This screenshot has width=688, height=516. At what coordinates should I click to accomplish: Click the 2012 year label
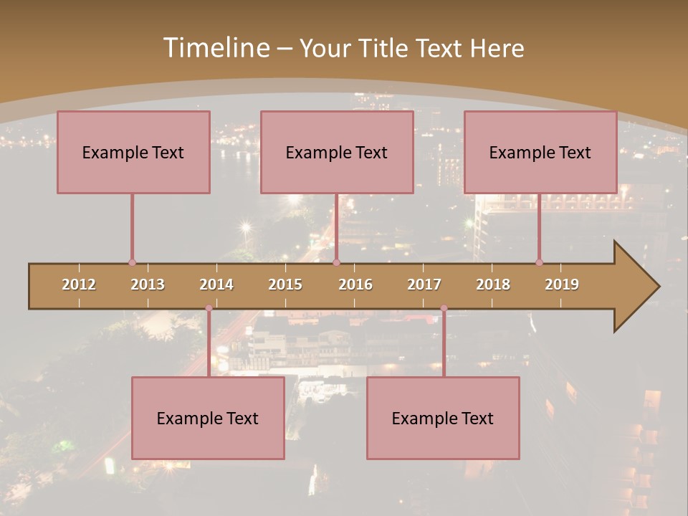79,285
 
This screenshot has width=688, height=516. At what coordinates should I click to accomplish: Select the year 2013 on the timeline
148,285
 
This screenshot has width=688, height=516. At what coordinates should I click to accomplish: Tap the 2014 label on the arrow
216,285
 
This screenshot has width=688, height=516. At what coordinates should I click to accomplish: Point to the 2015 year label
285,285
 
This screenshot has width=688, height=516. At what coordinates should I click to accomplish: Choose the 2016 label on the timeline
355,285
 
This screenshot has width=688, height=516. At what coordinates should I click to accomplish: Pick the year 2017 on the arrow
424,285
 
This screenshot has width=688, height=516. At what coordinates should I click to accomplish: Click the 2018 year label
493,285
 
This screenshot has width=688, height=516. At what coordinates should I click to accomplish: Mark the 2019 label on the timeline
562,285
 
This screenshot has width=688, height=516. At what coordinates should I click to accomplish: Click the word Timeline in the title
215,48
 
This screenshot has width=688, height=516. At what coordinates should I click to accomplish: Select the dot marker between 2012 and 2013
132,263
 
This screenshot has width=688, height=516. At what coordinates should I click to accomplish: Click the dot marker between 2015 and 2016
336,263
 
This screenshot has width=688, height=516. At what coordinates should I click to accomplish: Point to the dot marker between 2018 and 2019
539,263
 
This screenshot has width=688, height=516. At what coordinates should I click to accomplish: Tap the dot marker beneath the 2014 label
209,309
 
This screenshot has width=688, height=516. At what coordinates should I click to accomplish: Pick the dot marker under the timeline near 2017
444,309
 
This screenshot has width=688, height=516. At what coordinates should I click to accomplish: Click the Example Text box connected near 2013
133,153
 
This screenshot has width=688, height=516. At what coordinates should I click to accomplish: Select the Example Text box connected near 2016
337,153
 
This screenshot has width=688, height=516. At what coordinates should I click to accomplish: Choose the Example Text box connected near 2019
540,153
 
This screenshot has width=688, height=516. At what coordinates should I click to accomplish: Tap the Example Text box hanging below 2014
208,419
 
